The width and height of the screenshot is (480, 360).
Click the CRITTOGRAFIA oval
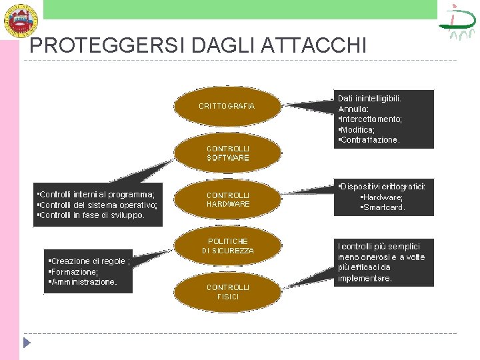tap(227, 106)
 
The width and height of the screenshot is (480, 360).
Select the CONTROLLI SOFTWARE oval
tap(227, 153)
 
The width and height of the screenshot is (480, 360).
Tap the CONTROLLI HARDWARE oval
tap(227, 199)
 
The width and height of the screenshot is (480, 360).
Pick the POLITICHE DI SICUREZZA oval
tap(227, 246)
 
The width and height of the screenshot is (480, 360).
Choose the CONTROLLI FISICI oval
tap(227, 292)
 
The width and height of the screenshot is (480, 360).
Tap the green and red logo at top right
tap(457, 22)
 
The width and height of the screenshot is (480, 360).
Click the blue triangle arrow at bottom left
tap(27, 343)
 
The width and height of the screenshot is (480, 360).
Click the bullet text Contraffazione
tap(370, 140)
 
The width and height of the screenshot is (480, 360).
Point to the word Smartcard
tap(383, 207)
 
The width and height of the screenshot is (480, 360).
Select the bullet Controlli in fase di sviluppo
tap(91, 215)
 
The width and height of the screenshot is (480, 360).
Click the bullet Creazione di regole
tap(89, 261)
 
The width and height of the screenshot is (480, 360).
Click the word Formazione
tap(74, 271)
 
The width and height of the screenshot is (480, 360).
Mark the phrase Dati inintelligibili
tap(369, 97)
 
